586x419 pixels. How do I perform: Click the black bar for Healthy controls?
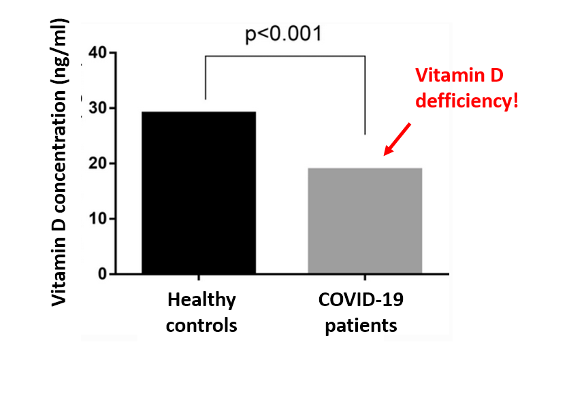click(x=199, y=192)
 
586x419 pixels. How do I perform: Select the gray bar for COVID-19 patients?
click(x=365, y=220)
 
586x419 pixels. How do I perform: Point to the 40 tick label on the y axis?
click(x=99, y=53)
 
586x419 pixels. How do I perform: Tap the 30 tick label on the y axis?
click(x=99, y=109)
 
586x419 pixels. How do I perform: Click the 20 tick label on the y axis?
click(x=99, y=164)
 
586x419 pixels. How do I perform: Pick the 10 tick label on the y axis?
click(x=99, y=219)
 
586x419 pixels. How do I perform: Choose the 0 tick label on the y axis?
click(x=103, y=274)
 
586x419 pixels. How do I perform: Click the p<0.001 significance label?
click(x=283, y=34)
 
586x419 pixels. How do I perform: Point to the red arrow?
click(x=397, y=139)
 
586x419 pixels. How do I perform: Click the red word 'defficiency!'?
click(x=467, y=101)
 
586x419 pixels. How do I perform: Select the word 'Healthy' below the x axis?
click(x=201, y=299)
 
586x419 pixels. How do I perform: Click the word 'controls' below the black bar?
click(x=201, y=325)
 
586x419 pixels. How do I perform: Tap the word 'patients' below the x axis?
click(x=361, y=325)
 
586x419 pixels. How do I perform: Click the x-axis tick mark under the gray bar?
click(x=365, y=278)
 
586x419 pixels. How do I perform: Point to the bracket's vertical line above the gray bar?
click(x=365, y=95)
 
